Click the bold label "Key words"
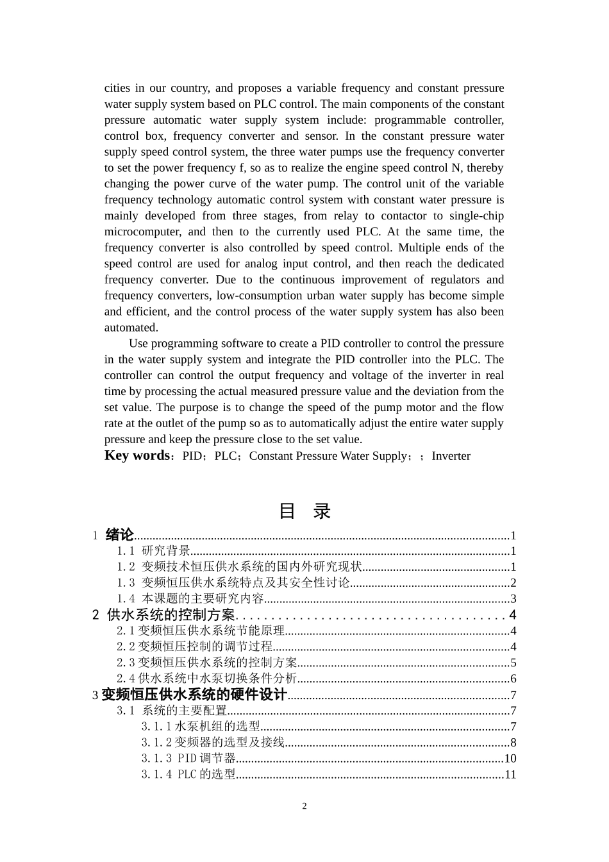137,455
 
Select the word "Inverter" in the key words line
451,456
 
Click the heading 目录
304,511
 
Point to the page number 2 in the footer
304,806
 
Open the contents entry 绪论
119,535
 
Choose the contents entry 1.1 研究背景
154,551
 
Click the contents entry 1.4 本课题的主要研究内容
190,599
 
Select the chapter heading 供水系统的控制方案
171,615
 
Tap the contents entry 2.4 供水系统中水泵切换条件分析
207,679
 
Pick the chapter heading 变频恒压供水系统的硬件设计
194,695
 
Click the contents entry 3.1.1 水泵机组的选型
201,727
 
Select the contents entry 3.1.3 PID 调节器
188,759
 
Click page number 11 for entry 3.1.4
510,775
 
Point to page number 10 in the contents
510,759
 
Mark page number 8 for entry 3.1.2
513,743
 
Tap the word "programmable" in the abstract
410,120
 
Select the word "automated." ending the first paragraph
131,328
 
